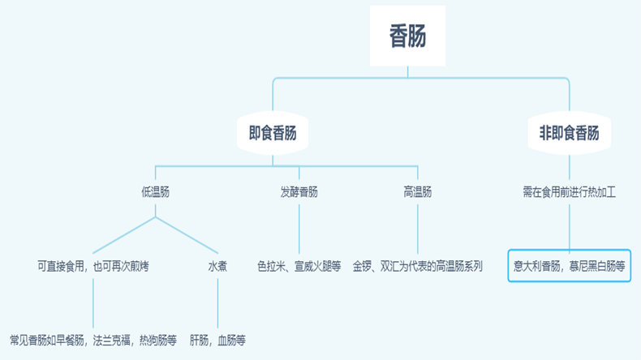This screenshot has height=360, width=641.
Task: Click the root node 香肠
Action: click(407, 36)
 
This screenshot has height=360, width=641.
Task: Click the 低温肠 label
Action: click(155, 192)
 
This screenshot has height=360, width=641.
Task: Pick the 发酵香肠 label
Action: click(299, 192)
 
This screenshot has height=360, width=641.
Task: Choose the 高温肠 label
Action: click(417, 192)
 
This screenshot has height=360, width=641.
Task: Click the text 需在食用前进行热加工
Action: click(569, 192)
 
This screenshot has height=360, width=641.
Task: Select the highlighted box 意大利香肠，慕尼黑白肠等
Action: click(569, 265)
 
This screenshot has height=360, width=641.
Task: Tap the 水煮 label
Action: click(217, 265)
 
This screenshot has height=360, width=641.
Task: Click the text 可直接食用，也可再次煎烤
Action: click(93, 265)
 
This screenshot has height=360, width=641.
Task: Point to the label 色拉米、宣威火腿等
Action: click(299, 265)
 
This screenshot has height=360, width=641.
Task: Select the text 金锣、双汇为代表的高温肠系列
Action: click(417, 265)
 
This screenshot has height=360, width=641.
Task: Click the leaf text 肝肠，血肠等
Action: click(217, 339)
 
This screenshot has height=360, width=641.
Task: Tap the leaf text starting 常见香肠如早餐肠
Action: click(93, 339)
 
